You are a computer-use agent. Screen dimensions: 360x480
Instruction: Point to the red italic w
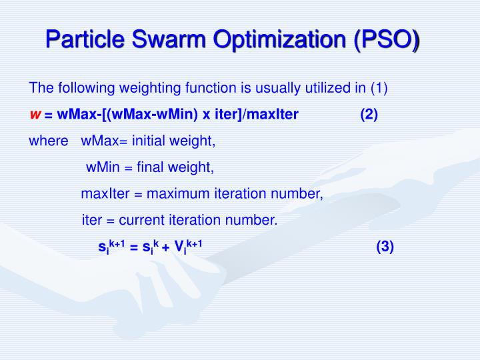[35, 115]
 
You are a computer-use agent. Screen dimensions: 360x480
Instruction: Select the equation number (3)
[385, 247]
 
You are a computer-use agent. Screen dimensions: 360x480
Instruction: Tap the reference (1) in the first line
[379, 88]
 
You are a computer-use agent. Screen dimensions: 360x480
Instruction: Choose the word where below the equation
[48, 141]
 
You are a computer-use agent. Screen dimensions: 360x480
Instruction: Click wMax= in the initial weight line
[103, 141]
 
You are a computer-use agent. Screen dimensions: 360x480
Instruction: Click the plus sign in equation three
[165, 248]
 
